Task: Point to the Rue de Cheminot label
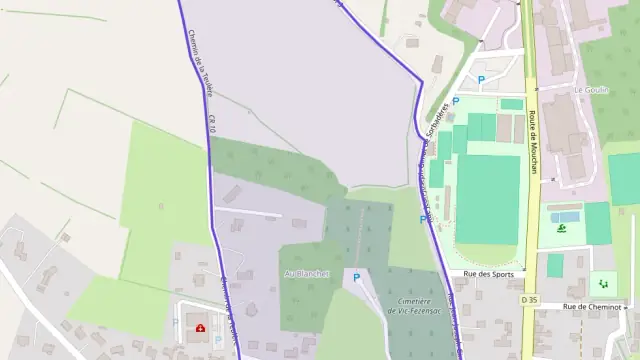(592, 307)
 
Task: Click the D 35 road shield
(529, 299)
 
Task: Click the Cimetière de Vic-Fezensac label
(415, 307)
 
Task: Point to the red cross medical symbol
(201, 327)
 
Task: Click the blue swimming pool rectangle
(565, 215)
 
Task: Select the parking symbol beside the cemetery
(355, 277)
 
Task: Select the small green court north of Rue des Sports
(555, 265)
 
